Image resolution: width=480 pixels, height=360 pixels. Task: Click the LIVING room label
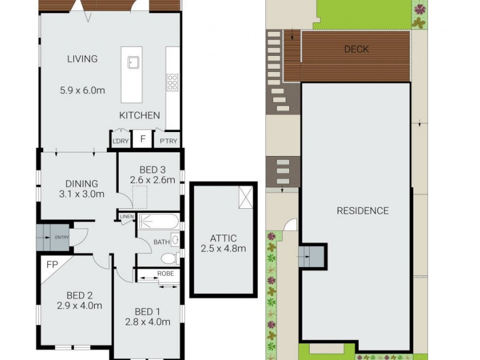pyautogui.click(x=82, y=59)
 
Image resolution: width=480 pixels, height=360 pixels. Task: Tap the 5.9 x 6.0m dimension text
pyautogui.click(x=82, y=91)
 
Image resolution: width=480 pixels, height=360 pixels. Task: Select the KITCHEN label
pyautogui.click(x=139, y=115)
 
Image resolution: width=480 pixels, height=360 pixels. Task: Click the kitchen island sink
pyautogui.click(x=133, y=62)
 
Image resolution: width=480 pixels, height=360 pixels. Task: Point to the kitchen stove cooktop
pyautogui.click(x=172, y=82)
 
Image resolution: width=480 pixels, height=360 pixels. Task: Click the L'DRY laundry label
pyautogui.click(x=120, y=142)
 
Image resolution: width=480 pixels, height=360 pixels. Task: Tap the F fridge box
pyautogui.click(x=142, y=139)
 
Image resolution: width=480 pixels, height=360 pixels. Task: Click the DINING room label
pyautogui.click(x=82, y=184)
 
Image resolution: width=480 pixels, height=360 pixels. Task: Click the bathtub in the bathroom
pyautogui.click(x=158, y=221)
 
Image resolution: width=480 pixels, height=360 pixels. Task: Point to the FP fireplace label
pyautogui.click(x=51, y=263)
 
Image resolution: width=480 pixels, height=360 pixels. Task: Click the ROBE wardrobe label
pyautogui.click(x=166, y=274)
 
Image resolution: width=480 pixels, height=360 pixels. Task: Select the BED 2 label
pyautogui.click(x=79, y=295)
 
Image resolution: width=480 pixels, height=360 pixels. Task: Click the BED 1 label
pyautogui.click(x=147, y=311)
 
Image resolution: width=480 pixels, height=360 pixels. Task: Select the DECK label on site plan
pyautogui.click(x=356, y=49)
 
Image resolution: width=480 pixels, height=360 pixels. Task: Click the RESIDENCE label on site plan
pyautogui.click(x=362, y=211)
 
